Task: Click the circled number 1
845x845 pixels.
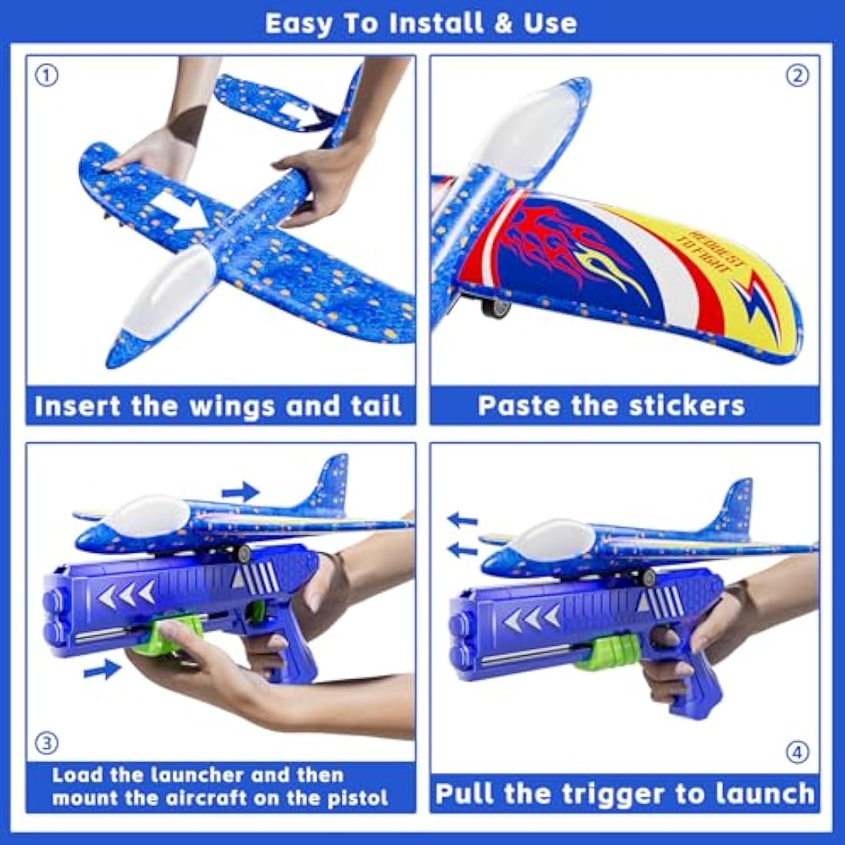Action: point(48,76)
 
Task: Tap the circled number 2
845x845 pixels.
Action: point(798,76)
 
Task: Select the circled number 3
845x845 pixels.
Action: point(48,743)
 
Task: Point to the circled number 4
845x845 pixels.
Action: point(798,752)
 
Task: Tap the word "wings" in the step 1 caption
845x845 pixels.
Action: point(234,406)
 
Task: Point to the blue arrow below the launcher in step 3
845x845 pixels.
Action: point(102,670)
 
